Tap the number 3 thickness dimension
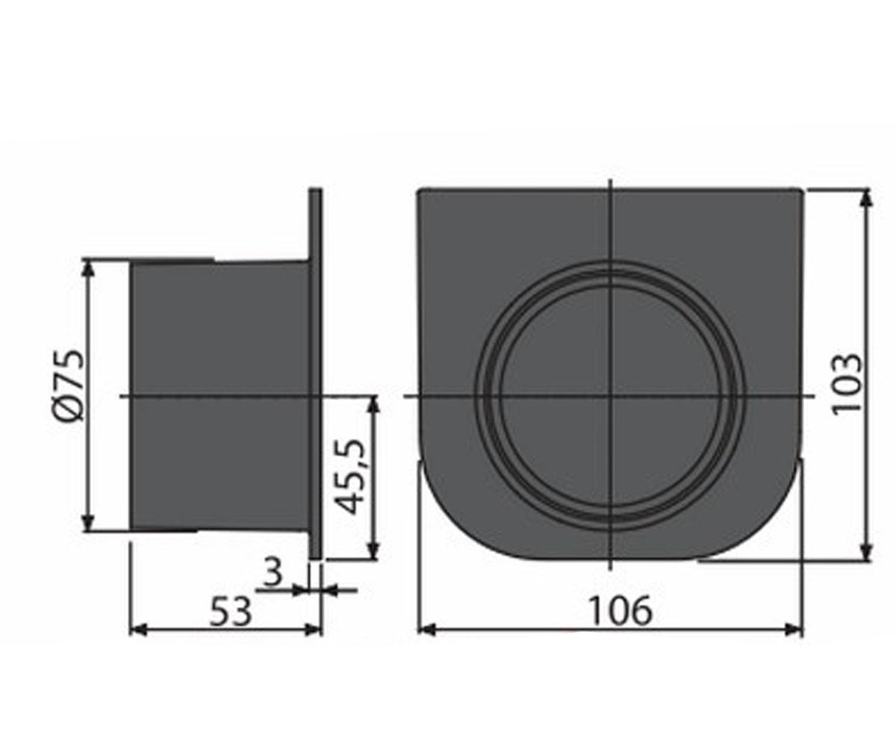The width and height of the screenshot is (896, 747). (x=273, y=572)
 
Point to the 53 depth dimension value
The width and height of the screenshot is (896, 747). (x=230, y=611)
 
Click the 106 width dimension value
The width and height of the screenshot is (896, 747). (x=621, y=610)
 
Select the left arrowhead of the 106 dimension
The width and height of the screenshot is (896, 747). (x=426, y=630)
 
